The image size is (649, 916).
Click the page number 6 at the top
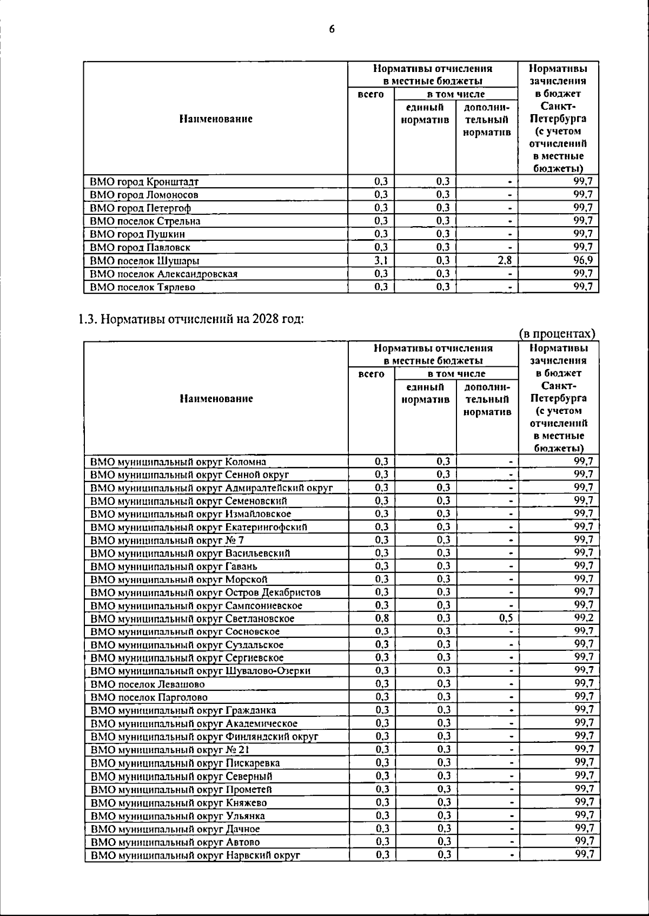click(332, 29)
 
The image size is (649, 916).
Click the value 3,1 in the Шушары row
click(381, 260)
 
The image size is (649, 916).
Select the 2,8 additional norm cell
click(505, 260)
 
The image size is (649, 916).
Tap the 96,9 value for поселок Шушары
click(583, 260)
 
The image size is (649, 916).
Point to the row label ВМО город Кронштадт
click(144, 182)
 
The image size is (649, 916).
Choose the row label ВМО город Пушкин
click(137, 234)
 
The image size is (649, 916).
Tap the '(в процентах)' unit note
click(557, 334)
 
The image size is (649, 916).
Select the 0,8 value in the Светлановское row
click(382, 618)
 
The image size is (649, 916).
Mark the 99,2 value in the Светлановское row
click(584, 618)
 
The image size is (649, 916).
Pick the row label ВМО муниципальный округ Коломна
click(178, 462)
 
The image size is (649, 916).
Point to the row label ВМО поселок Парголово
click(149, 697)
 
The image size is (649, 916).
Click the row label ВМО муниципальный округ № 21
click(170, 750)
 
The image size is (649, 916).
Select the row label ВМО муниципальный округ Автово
click(175, 842)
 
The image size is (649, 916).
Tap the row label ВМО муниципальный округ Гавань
click(174, 566)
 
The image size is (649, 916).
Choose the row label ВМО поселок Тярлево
click(142, 287)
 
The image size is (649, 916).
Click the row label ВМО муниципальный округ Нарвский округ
click(195, 855)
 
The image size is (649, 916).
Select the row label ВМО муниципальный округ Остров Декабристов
click(206, 592)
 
